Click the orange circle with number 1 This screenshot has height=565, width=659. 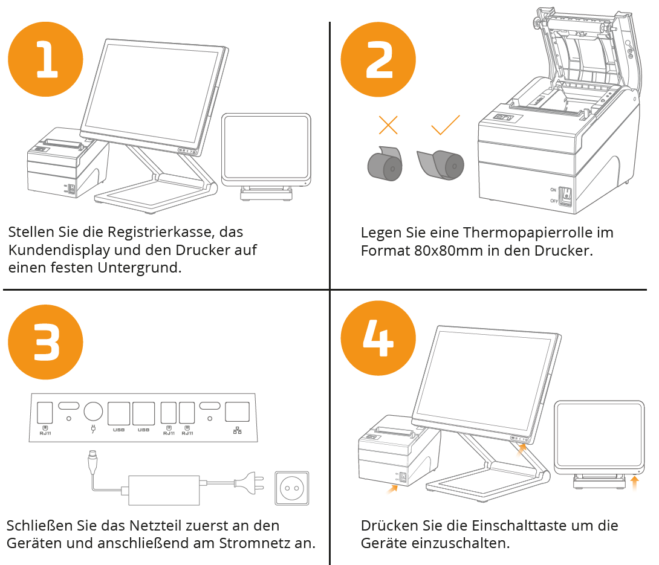pos(45,59)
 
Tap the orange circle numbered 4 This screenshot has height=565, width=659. pos(378,338)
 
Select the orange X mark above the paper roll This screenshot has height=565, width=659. pos(388,124)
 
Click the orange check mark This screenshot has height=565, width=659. pos(446,124)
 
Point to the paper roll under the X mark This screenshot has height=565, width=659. pos(385,164)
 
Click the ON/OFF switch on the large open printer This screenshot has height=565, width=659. pos(566,197)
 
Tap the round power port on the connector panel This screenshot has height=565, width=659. pos(93,412)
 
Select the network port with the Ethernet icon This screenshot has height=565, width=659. pos(238,412)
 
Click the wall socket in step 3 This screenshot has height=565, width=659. pos(291,488)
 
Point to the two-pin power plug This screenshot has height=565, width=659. pos(249,483)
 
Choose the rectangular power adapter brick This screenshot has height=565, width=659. pos(163,490)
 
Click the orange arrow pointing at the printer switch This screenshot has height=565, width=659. pos(392,488)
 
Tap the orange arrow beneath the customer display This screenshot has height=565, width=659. pos(635,483)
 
